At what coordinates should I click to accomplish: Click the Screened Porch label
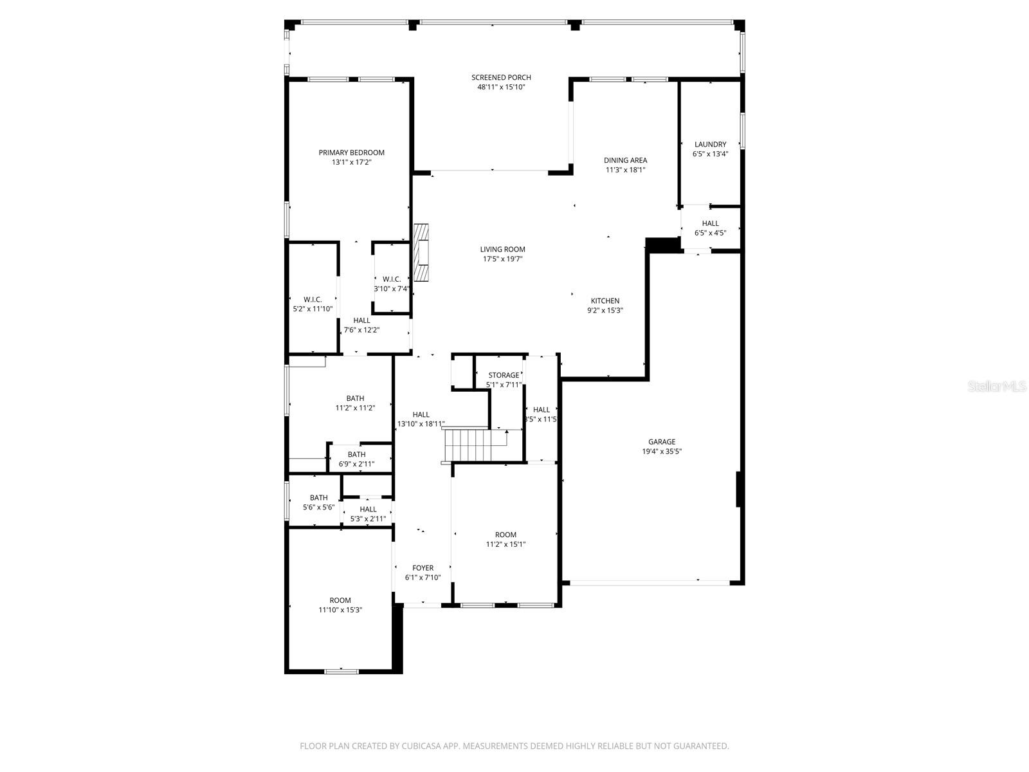click(501, 78)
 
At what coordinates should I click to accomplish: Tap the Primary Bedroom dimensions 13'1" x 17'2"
click(352, 163)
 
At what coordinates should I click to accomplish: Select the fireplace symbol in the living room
click(421, 252)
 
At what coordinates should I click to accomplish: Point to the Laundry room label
click(710, 145)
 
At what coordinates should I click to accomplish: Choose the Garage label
click(661, 442)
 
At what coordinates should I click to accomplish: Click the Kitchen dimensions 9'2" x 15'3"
click(605, 310)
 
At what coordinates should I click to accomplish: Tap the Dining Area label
click(625, 160)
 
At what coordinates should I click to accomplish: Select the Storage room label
click(504, 375)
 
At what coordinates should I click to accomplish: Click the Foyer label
click(423, 568)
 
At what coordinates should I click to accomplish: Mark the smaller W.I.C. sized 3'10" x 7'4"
click(392, 279)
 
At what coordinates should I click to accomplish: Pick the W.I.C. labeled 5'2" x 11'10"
click(313, 300)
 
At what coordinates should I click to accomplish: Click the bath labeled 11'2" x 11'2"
click(355, 399)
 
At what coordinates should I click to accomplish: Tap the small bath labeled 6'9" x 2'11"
click(356, 455)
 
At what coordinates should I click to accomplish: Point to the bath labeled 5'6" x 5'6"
click(318, 498)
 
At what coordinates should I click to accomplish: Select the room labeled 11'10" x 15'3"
click(340, 601)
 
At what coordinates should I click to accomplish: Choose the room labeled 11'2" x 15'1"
click(505, 535)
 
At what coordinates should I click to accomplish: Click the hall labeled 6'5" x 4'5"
click(710, 224)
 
